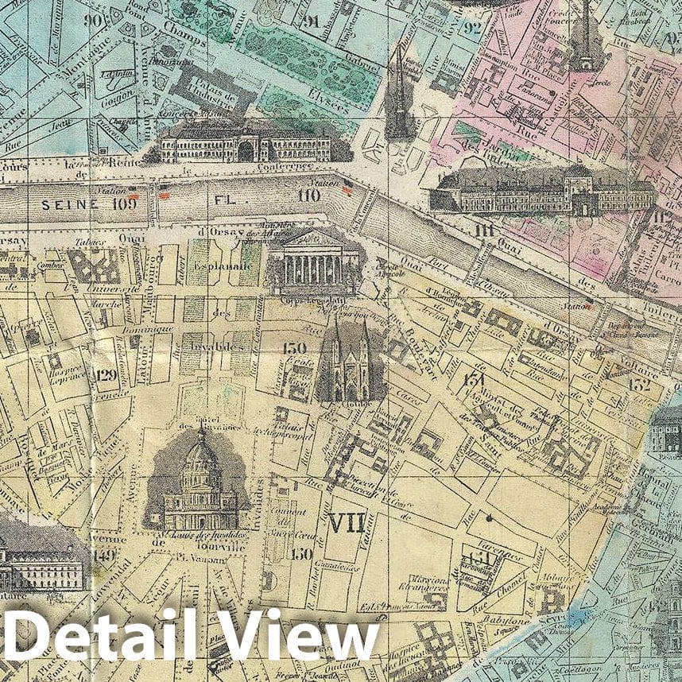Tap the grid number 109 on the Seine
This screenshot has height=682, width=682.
click(x=123, y=203)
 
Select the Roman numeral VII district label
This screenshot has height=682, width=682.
click(x=346, y=522)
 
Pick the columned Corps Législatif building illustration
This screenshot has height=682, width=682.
click(x=313, y=262)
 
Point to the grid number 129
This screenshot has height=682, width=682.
click(x=105, y=374)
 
